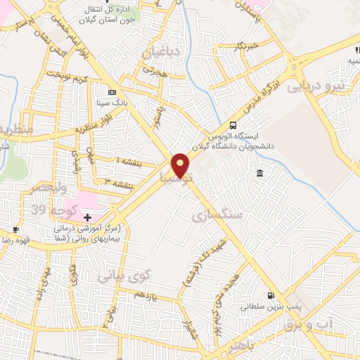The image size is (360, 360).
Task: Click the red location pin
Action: pyautogui.click(x=181, y=164)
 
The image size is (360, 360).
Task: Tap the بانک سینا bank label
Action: pyautogui.click(x=112, y=103)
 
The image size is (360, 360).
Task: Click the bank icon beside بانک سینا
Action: pyautogui.click(x=112, y=92)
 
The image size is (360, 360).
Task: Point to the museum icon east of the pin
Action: pyautogui.click(x=260, y=174)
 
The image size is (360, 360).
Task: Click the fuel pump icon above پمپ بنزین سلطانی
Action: pyautogui.click(x=271, y=296)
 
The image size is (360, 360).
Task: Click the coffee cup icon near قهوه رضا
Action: pyautogui.click(x=15, y=229)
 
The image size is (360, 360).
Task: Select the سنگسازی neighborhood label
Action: pyautogui.click(x=216, y=214)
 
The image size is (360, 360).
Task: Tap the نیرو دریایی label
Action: pyautogui.click(x=340, y=86)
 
